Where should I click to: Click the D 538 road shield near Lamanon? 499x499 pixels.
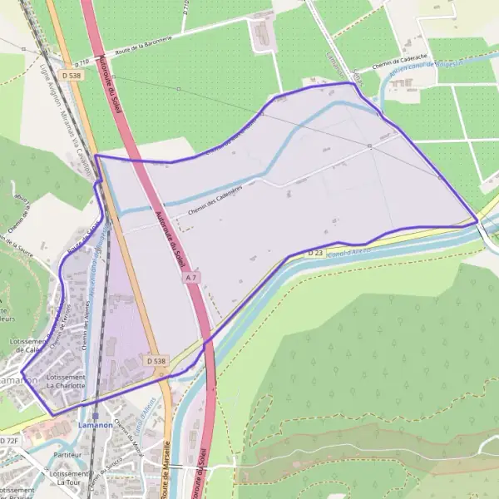point(156,362)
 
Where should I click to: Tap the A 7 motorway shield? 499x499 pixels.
point(192,276)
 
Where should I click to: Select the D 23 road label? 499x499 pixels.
point(314,252)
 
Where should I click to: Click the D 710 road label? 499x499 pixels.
point(82,62)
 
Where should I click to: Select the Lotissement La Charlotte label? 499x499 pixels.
point(67,382)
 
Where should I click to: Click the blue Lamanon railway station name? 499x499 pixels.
point(95,426)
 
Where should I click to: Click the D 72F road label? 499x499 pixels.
point(9,439)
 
